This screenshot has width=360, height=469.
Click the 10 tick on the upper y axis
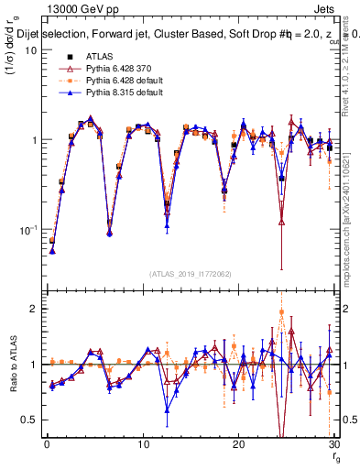[x=29, y=50]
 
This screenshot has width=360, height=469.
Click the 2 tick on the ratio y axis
[x=32, y=309]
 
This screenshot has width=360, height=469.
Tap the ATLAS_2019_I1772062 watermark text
[x=190, y=273]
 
